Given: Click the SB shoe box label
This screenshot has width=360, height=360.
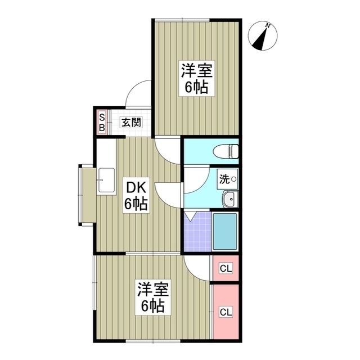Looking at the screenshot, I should [x=102, y=122].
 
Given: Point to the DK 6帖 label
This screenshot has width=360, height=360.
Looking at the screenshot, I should [x=136, y=196].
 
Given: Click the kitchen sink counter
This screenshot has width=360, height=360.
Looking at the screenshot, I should [x=105, y=180].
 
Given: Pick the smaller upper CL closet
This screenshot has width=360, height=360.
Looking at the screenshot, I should [x=226, y=268].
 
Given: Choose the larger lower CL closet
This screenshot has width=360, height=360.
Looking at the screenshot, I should [x=226, y=311].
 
